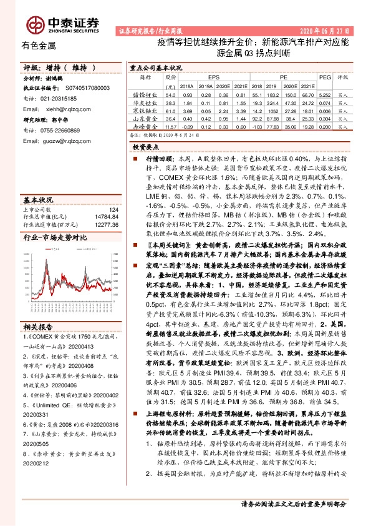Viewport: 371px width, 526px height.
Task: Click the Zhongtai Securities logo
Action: pos(72,23)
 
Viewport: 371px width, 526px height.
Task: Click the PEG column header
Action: pos(324,77)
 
